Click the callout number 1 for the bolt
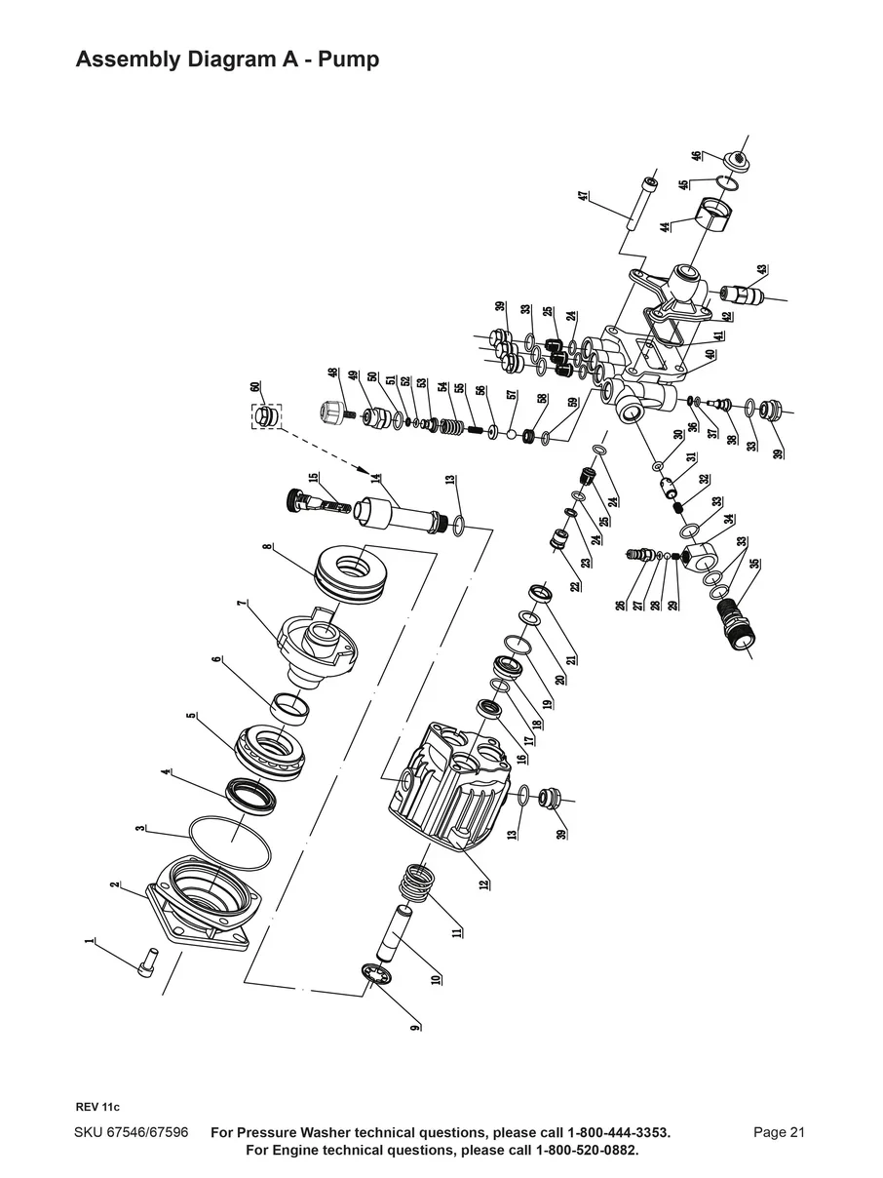point(90,942)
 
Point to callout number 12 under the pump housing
point(485,883)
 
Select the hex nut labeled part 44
point(717,217)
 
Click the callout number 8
point(267,548)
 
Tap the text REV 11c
point(97,1107)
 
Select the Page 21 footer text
point(779,1132)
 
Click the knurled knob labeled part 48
point(334,411)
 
